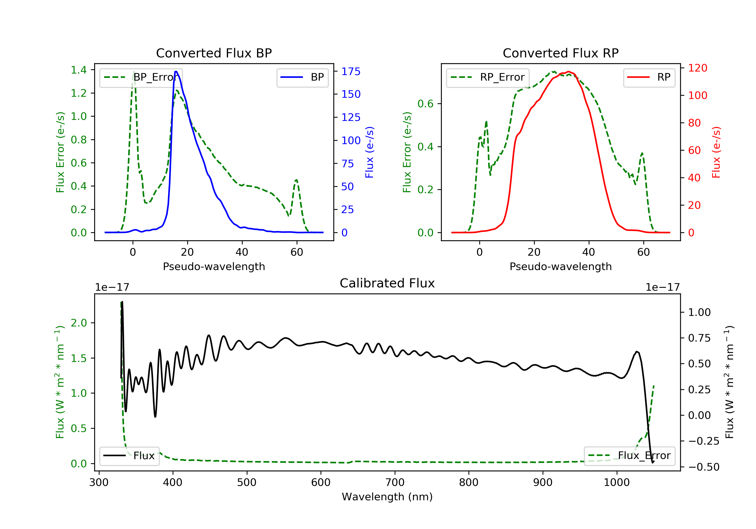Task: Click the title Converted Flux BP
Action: point(214,53)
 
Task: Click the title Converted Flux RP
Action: point(561,53)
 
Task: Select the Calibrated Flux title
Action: point(387,283)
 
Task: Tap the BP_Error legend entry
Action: point(141,77)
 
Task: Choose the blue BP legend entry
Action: point(302,77)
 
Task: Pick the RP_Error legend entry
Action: point(488,77)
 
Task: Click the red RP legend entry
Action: point(649,77)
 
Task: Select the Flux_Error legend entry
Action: point(629,456)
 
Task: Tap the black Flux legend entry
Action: point(129,456)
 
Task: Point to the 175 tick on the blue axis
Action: point(351,72)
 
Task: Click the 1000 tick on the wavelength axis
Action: point(616,483)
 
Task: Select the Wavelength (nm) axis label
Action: point(387,497)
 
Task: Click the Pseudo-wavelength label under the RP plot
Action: point(561,266)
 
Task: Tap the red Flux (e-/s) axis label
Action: point(716,152)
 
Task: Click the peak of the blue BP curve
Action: point(176,72)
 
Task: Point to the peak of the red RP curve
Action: point(569,72)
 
